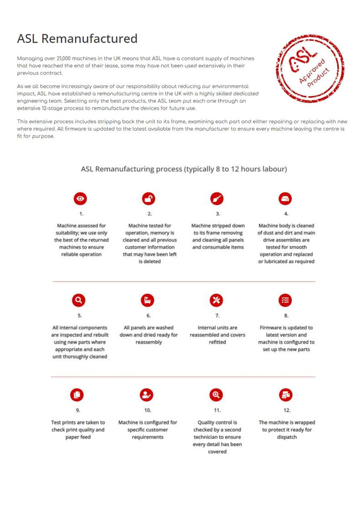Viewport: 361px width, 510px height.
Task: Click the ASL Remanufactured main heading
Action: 77,39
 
